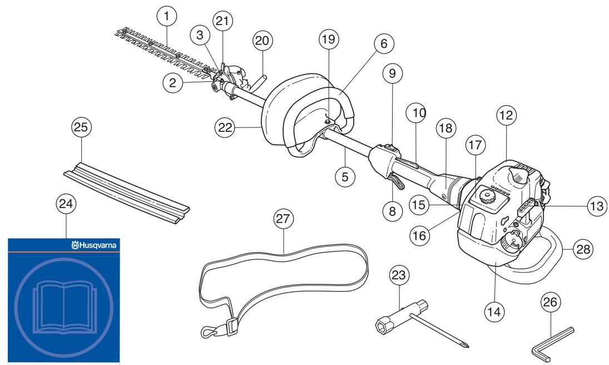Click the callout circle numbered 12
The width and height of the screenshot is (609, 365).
pyautogui.click(x=507, y=115)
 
